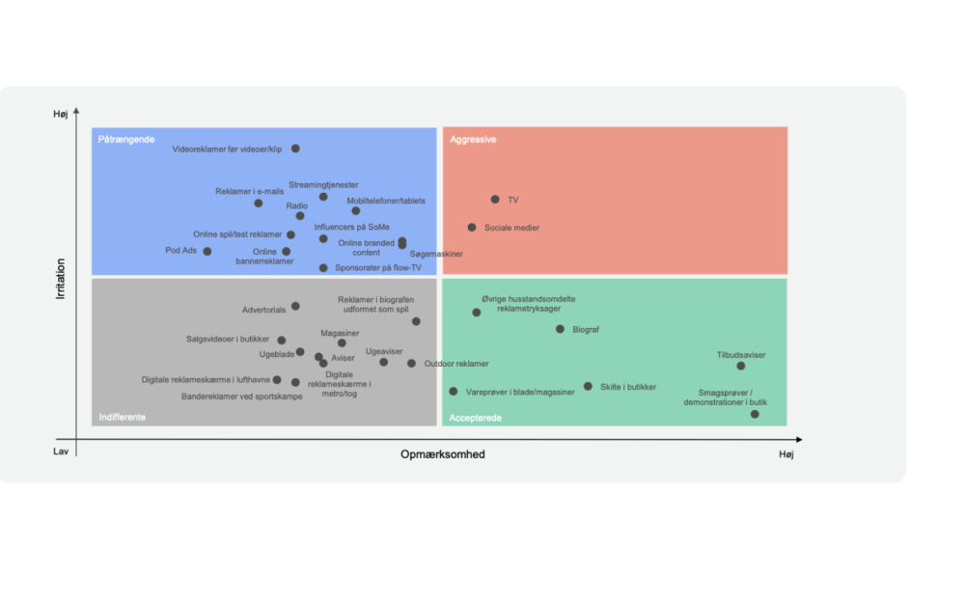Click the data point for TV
pos(495,200)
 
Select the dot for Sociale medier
pos(472,228)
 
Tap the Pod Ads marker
pos(207,251)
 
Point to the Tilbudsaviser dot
pos(741,366)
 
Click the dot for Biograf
pos(560,329)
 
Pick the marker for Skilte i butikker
pos(588,387)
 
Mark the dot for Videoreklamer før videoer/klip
pos(295,149)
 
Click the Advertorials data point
pos(295,306)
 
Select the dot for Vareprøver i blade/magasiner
pos(454,392)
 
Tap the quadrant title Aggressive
pos(473,140)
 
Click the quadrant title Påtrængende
pos(126,140)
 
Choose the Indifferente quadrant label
pos(123,417)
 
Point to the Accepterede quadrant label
pos(475,418)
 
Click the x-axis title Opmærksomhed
pos(443,454)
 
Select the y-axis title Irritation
pos(60,279)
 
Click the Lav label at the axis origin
pos(60,452)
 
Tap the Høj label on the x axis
pos(786,454)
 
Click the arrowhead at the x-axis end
pos(799,439)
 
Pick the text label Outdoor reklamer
pos(456,364)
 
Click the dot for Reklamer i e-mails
pos(259,203)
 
